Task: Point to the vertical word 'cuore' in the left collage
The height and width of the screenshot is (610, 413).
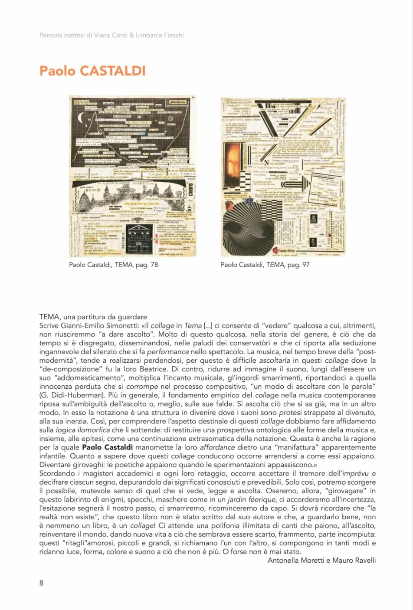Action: pyautogui.click(x=191, y=191)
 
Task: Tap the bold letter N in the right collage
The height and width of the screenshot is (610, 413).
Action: pyautogui.click(x=266, y=163)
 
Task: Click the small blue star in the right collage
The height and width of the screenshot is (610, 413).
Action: pyautogui.click(x=249, y=201)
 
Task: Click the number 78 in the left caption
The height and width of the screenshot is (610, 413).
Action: pyautogui.click(x=154, y=265)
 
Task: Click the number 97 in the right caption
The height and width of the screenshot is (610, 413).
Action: pyautogui.click(x=305, y=265)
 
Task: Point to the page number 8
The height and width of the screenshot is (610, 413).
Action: pyautogui.click(x=41, y=583)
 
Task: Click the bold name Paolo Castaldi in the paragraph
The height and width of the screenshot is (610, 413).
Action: pyautogui.click(x=107, y=447)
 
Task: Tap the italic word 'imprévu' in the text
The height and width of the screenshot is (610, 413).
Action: pyautogui.click(x=355, y=473)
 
